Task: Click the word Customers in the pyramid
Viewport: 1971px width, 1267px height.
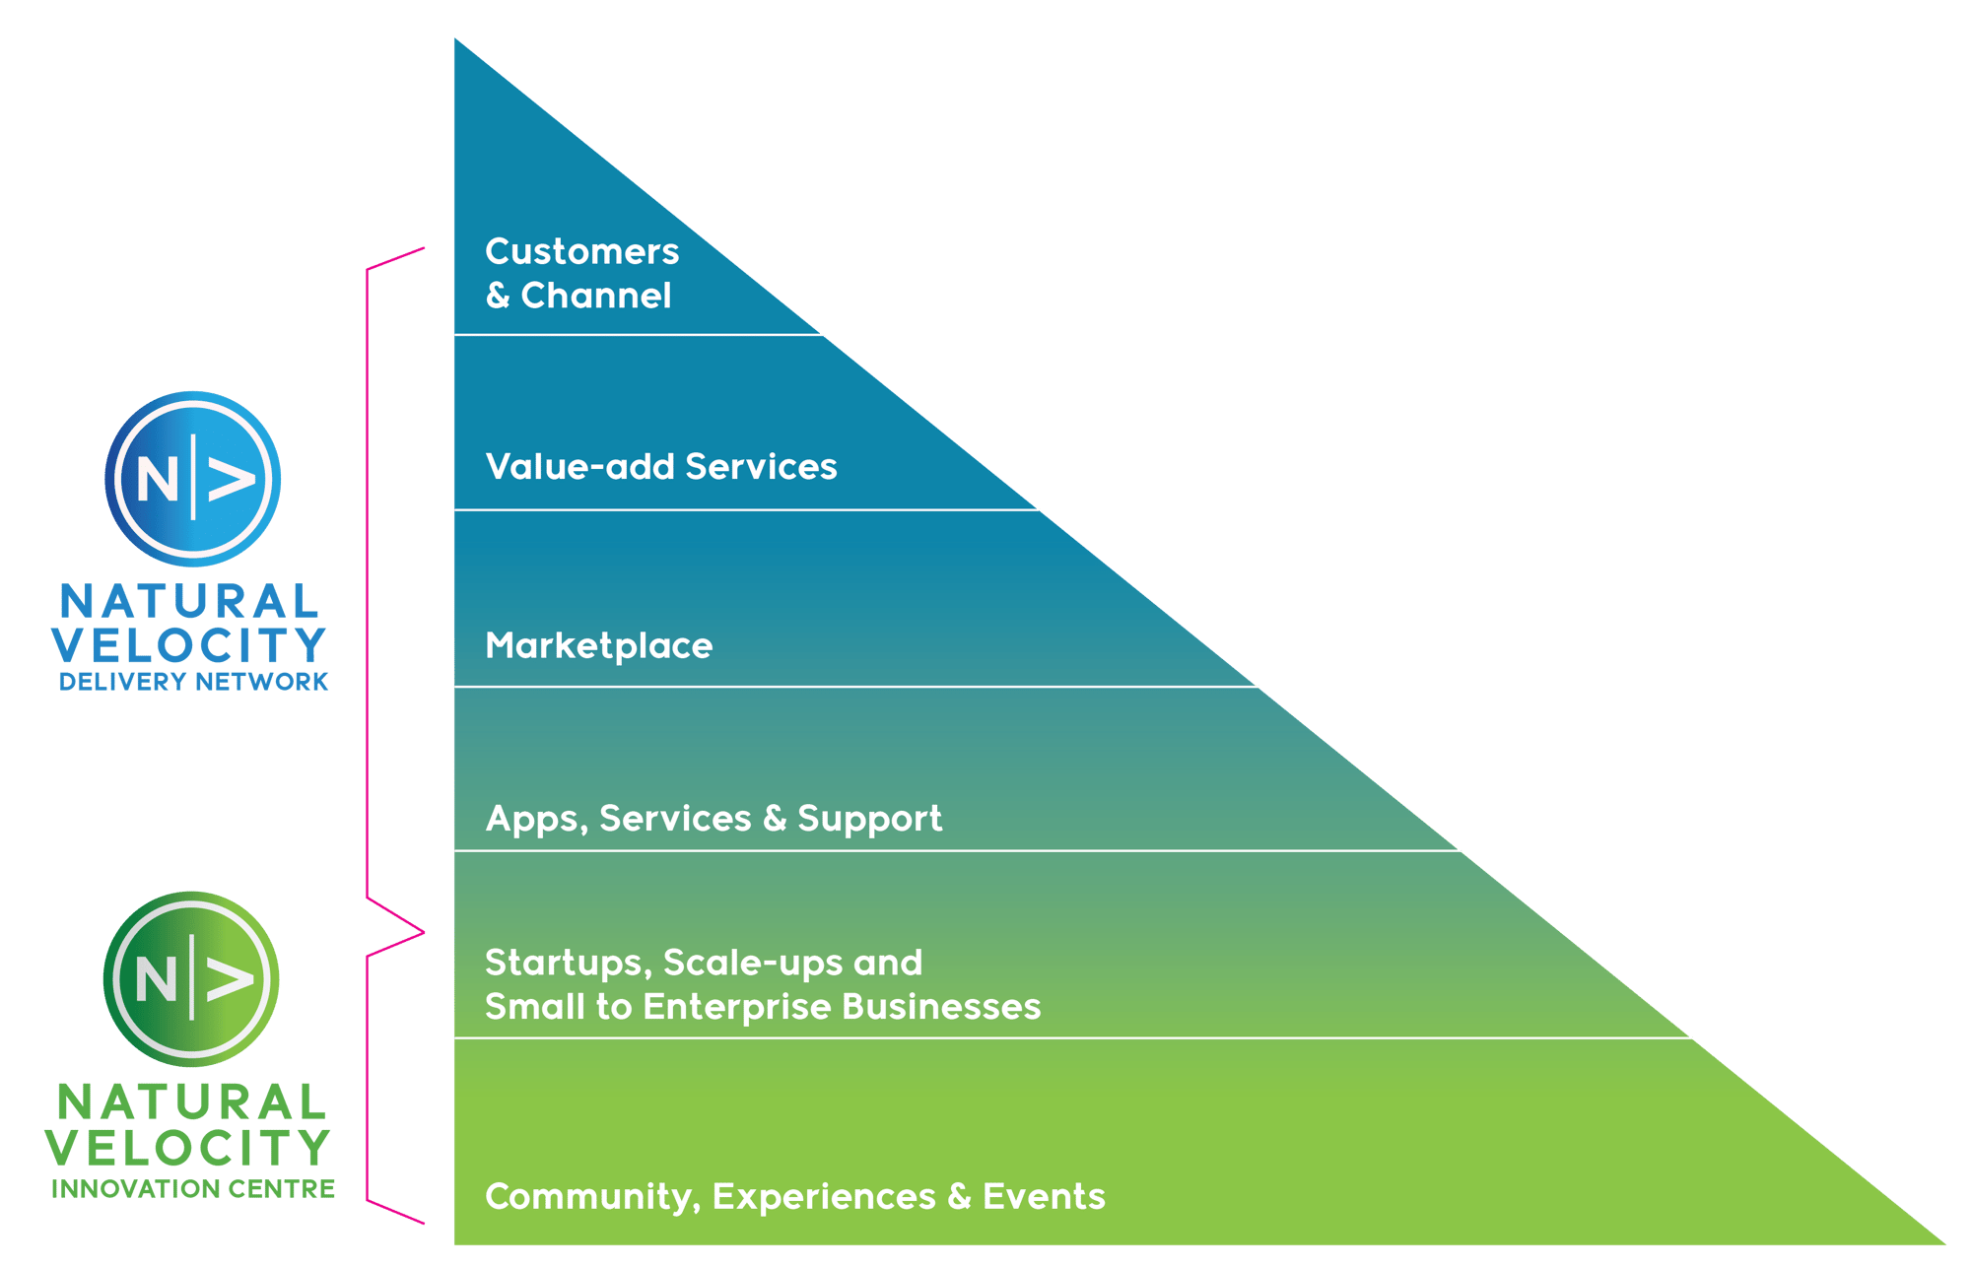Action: coord(581,252)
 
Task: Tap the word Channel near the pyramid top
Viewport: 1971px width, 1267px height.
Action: coord(595,296)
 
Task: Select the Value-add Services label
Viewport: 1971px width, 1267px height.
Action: coord(660,467)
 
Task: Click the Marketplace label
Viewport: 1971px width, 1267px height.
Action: coord(598,646)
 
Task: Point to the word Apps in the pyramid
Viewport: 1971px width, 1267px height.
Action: coord(531,819)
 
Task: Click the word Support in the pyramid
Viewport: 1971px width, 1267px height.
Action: coord(869,819)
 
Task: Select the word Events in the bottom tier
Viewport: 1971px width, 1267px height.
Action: coord(1044,1197)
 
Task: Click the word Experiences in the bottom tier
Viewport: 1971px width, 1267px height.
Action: coord(823,1197)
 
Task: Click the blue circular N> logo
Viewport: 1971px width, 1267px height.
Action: coord(193,479)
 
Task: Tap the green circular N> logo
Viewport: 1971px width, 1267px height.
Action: coord(191,978)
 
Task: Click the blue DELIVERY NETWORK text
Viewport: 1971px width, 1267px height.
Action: coord(193,682)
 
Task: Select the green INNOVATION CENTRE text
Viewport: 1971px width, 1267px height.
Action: coord(193,1189)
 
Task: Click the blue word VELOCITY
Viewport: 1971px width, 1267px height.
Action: coord(188,646)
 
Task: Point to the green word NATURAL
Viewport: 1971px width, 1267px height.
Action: coord(191,1103)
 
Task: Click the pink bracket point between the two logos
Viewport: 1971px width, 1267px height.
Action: coord(423,931)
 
